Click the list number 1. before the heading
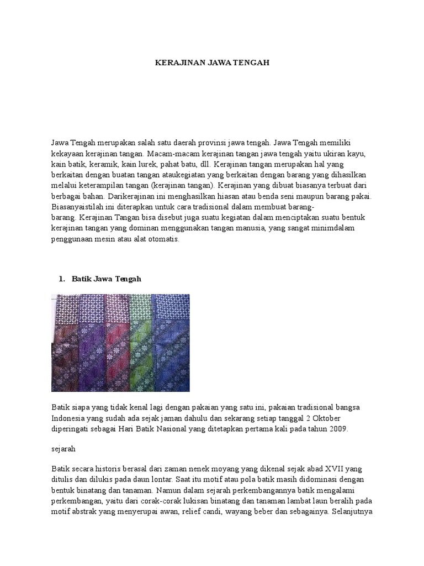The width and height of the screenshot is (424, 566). (x=62, y=279)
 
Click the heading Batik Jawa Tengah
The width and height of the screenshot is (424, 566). (x=107, y=279)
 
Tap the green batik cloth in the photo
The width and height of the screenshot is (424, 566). (x=140, y=343)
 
